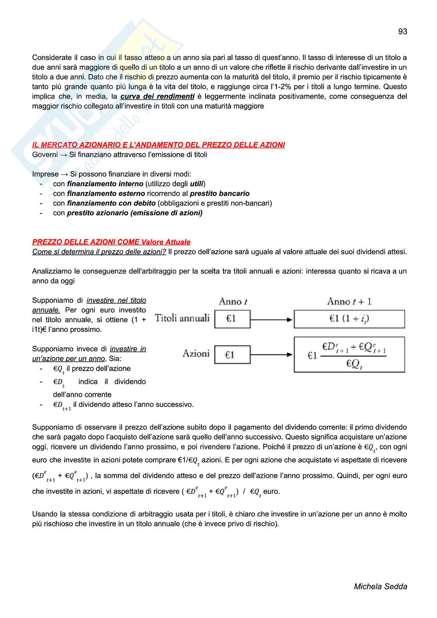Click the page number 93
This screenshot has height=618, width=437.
403,32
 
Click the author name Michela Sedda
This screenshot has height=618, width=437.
380,586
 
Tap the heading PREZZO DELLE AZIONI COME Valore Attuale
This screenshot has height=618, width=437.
111,242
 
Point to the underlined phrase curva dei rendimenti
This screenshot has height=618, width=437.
157,96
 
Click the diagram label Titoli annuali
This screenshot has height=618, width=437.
182,318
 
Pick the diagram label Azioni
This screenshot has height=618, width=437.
196,353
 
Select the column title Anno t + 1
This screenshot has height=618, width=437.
349,301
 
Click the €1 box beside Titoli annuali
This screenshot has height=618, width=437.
232,319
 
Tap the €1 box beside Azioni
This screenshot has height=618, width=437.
232,355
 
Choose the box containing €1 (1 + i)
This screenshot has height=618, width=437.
349,319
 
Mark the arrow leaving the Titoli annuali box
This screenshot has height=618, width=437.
271,319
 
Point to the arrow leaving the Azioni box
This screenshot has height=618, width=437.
271,355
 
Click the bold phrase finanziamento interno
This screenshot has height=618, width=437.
105,184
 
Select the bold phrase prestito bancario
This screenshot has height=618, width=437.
219,193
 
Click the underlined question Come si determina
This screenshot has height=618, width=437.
99,252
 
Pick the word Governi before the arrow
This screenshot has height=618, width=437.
45,155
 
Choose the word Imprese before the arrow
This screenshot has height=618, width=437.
45,174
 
